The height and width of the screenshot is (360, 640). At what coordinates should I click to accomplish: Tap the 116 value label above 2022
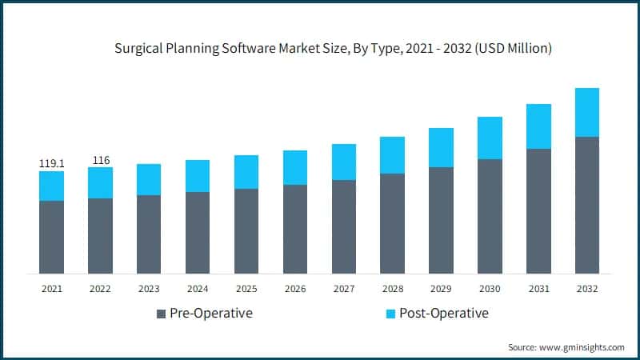(100, 160)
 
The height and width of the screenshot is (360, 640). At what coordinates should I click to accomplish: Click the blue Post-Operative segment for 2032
(586, 112)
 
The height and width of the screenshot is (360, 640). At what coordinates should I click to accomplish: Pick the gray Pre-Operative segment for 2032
(586, 205)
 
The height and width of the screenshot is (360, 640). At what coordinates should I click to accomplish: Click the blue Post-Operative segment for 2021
(51, 186)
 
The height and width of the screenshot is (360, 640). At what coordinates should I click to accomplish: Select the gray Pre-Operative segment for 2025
(246, 231)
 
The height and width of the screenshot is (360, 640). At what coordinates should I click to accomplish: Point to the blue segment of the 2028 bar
(392, 155)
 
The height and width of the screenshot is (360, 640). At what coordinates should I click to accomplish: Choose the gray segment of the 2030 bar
(490, 216)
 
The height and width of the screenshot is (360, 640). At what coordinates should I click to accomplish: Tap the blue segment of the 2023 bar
(149, 179)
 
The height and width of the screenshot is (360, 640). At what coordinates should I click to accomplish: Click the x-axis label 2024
(198, 289)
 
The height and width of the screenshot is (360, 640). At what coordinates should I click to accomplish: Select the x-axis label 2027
(343, 289)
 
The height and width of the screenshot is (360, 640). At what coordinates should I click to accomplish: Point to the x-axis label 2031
(538, 289)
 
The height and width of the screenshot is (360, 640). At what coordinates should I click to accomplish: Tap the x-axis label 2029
(441, 289)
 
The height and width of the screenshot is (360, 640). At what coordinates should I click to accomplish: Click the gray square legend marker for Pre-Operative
(161, 314)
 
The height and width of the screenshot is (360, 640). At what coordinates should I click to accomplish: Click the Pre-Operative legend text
(210, 313)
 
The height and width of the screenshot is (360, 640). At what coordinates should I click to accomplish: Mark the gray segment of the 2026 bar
(295, 229)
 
